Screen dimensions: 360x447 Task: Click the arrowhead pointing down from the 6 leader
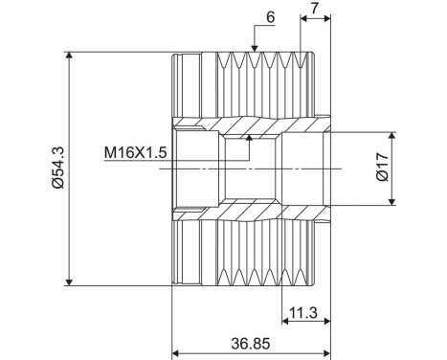coord(254,47)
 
